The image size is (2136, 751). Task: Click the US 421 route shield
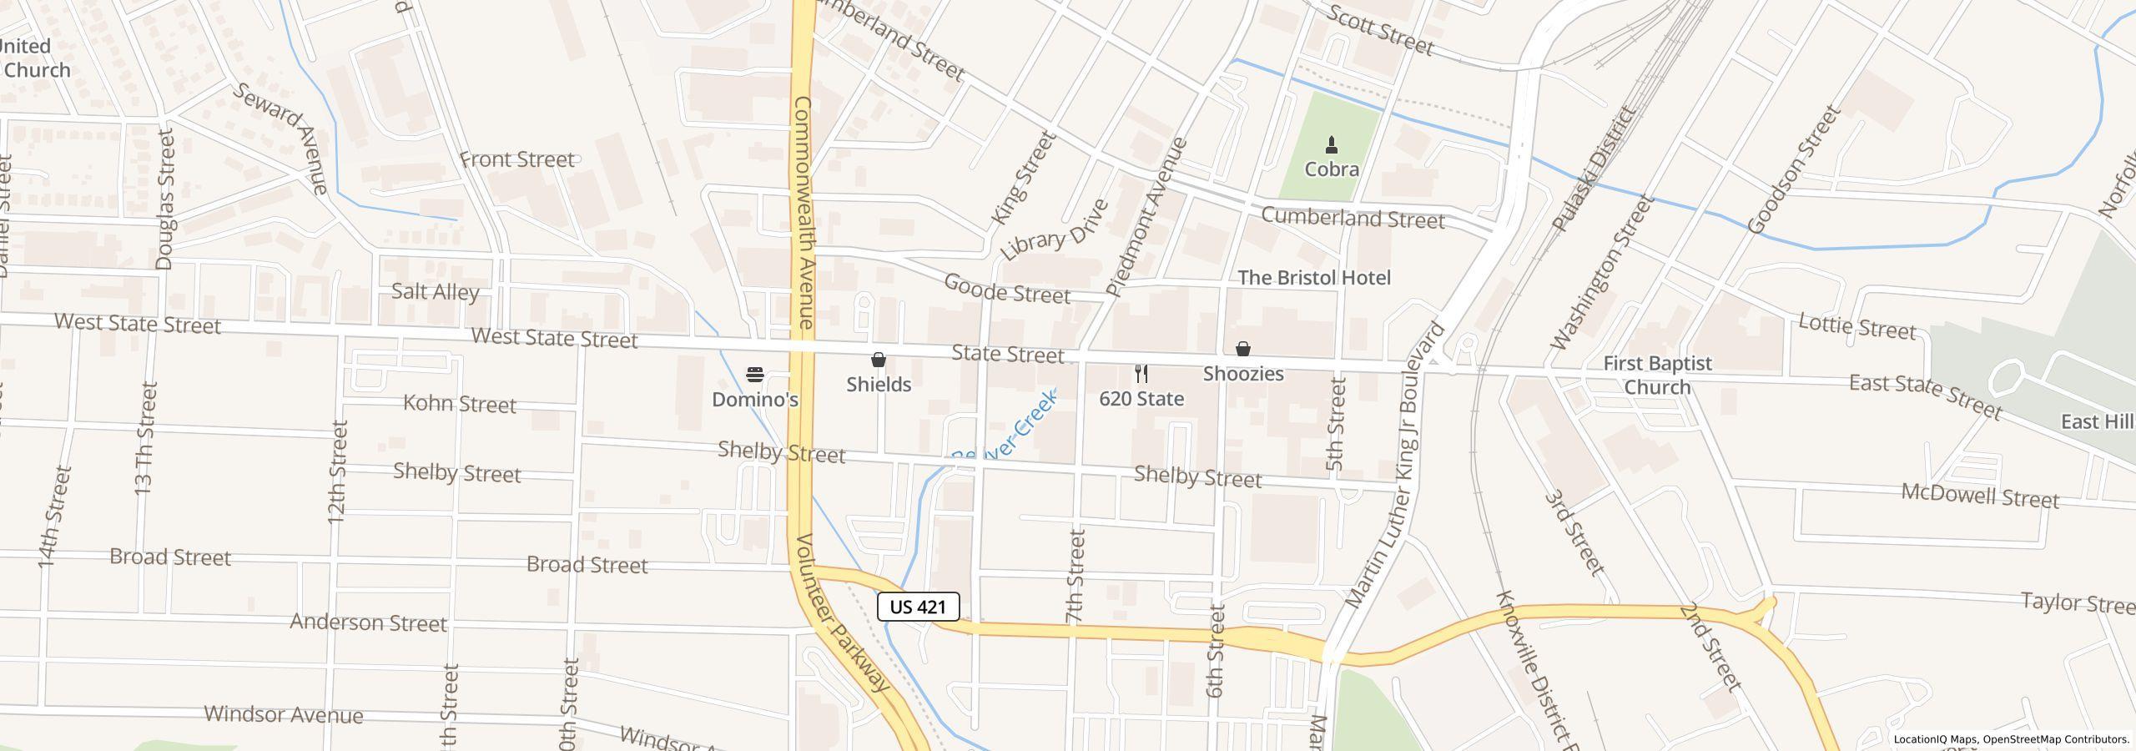[918, 607]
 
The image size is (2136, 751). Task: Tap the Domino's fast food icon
[755, 375]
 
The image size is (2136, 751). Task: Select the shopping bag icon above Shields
[878, 360]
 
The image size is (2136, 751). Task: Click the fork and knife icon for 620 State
[1141, 374]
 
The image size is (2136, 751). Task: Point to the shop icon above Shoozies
[1242, 349]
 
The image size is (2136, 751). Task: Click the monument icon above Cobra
[1332, 146]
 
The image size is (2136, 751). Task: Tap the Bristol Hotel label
[1314, 278]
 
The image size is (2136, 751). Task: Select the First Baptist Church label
[1657, 375]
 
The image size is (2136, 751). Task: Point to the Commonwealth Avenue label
[804, 212]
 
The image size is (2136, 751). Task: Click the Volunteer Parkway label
[843, 612]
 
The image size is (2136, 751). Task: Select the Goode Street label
[1006, 289]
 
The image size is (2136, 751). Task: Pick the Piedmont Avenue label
[1146, 217]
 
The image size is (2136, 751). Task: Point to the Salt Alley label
[436, 292]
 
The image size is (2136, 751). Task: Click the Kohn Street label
[460, 404]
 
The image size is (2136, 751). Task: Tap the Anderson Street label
[368, 623]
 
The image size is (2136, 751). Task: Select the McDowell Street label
[1979, 496]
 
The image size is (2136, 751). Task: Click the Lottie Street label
[1857, 327]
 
